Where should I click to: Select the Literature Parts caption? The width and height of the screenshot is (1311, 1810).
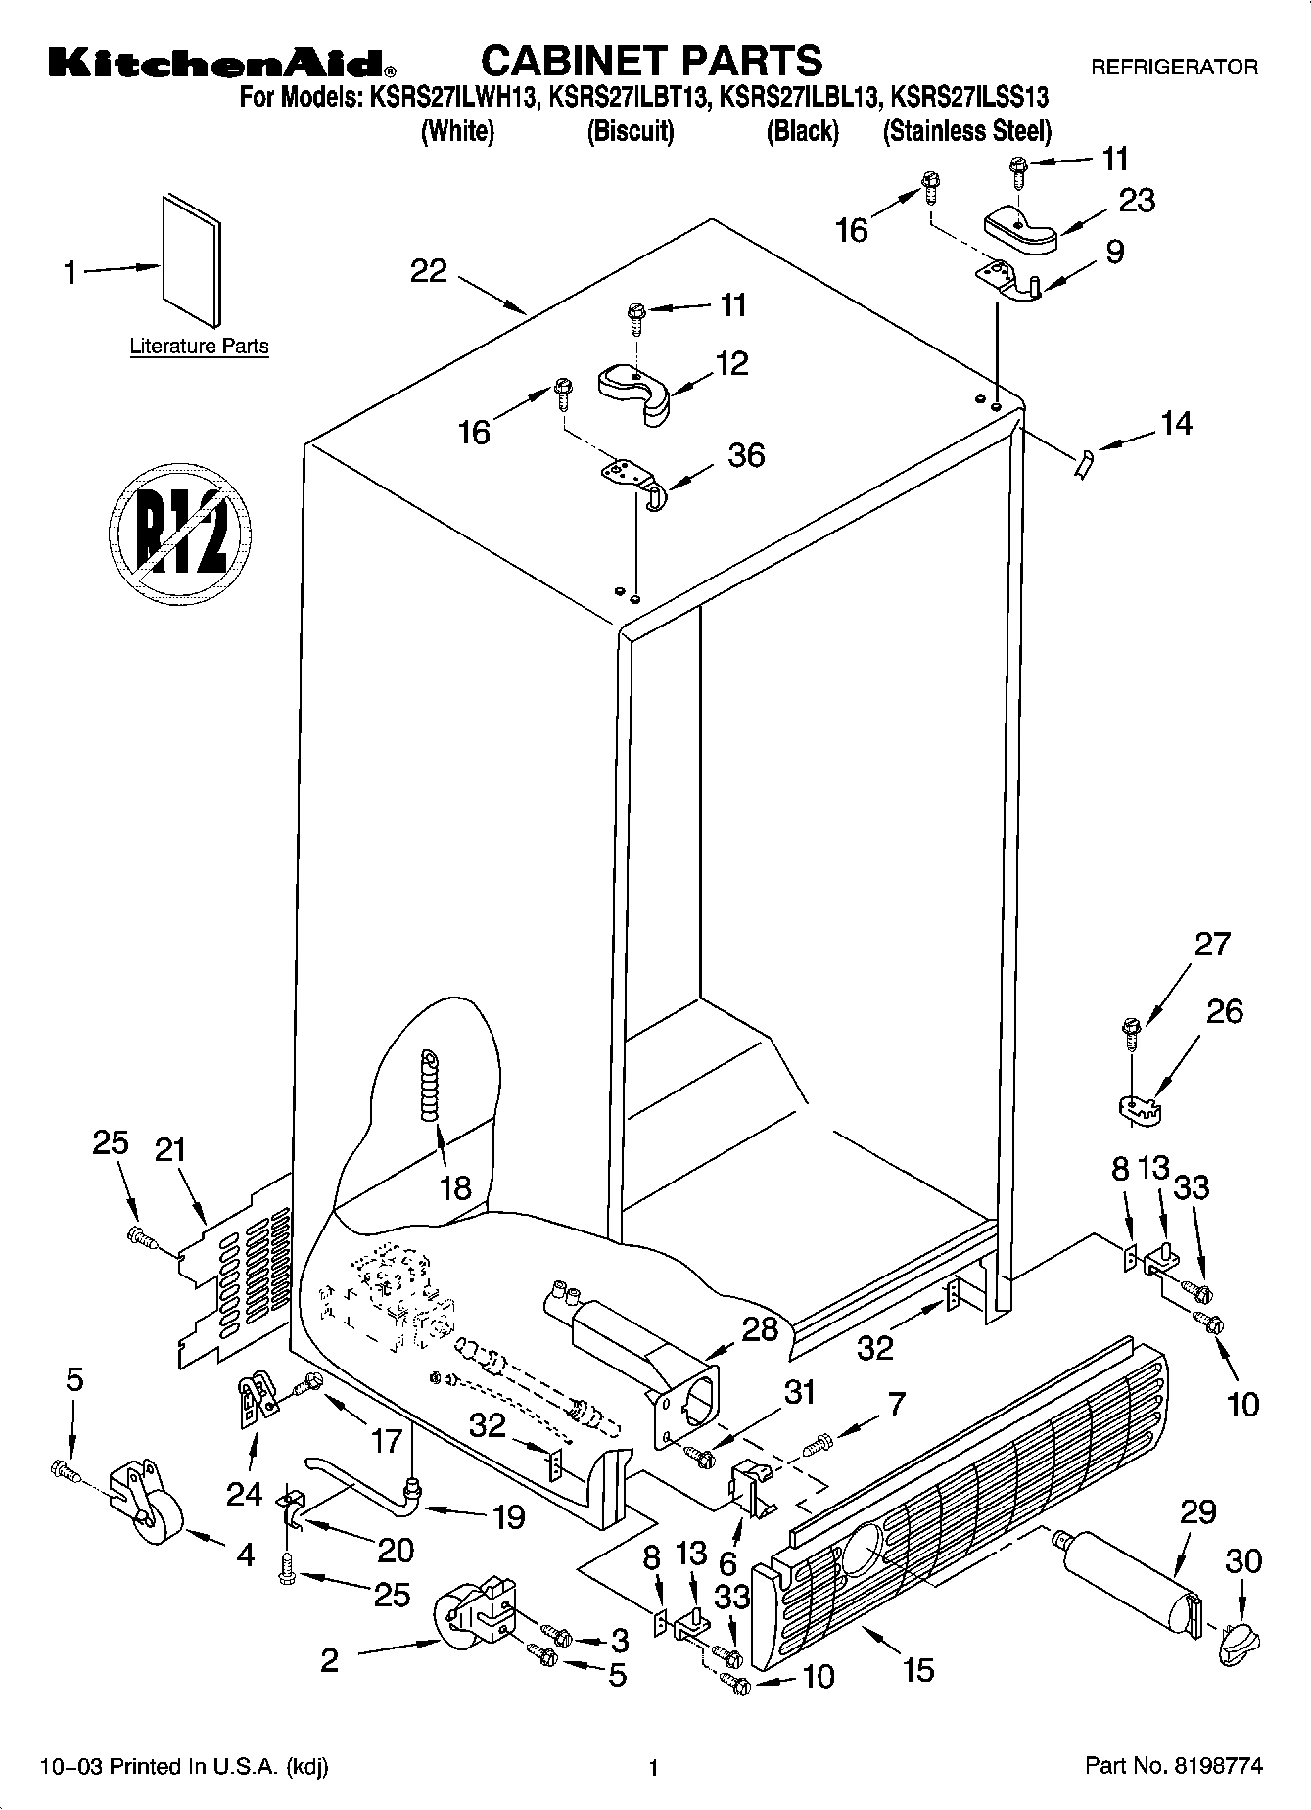coord(199,347)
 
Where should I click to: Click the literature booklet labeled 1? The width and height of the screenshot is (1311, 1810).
coord(192,260)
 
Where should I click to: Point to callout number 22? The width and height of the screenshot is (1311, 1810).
coord(428,271)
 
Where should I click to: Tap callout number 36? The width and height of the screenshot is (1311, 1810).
coord(746,455)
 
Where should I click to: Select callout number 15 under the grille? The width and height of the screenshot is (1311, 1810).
coord(917,1668)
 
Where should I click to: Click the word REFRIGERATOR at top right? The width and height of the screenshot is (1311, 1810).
coord(1174,68)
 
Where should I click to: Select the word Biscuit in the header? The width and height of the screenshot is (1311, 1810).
coord(631,131)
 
